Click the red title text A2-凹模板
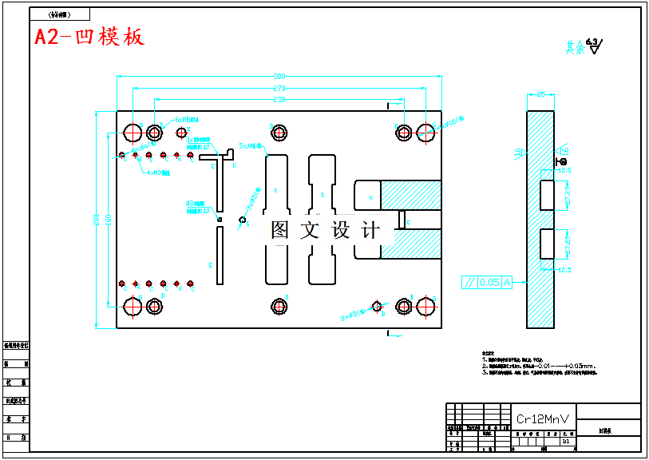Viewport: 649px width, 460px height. [x=89, y=38]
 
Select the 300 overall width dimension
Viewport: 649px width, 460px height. [x=279, y=77]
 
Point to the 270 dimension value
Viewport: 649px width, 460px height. [x=279, y=89]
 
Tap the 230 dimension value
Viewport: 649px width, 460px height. [x=279, y=101]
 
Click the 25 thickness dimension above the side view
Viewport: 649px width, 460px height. [x=540, y=95]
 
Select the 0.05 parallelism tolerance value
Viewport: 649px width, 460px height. [x=490, y=282]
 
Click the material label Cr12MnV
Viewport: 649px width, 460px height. [x=543, y=418]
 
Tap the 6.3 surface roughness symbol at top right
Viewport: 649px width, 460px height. [x=594, y=45]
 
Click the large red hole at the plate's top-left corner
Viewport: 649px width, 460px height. [x=133, y=131]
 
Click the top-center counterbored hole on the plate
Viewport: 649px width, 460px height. [x=279, y=131]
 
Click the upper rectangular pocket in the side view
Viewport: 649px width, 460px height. [x=547, y=195]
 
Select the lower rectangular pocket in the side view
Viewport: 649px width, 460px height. [x=547, y=244]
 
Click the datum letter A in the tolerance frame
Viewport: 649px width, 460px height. [x=505, y=282]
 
